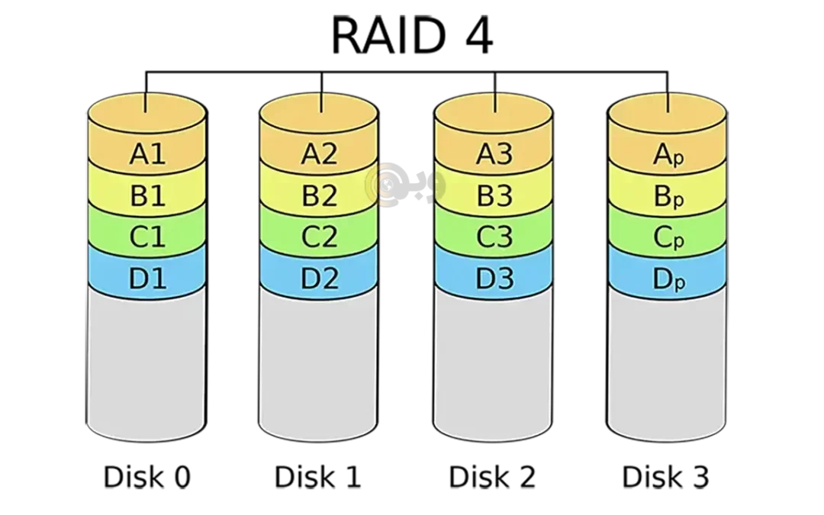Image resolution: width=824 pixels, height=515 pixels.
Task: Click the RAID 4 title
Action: coord(412,35)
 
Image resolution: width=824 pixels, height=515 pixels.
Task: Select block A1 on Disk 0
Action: coord(147,153)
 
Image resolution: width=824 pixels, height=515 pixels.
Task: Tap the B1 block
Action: coord(147,195)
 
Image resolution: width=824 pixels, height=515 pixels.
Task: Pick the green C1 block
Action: coord(147,236)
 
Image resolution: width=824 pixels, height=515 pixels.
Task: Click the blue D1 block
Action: coord(147,278)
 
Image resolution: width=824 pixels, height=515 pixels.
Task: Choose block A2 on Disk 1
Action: coord(319,153)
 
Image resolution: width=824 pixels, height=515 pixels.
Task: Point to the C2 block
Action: coord(319,236)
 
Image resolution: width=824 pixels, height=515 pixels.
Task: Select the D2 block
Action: coord(319,278)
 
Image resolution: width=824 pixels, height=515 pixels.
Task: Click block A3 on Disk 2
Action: coord(494,153)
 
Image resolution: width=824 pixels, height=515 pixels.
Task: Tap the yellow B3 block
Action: coord(494,195)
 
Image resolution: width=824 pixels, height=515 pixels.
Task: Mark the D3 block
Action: coord(494,278)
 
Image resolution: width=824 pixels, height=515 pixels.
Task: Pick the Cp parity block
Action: coord(668,237)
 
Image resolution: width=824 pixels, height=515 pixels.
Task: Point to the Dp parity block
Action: coord(668,278)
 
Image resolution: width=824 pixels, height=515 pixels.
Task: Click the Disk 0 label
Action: coord(147,477)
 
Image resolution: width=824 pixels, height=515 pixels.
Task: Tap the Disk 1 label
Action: coord(318,477)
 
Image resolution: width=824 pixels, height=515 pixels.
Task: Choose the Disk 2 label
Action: coord(492,477)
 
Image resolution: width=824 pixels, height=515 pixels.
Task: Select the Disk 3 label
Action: coord(666,477)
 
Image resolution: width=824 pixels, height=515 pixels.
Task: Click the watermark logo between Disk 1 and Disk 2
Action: coord(404,185)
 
